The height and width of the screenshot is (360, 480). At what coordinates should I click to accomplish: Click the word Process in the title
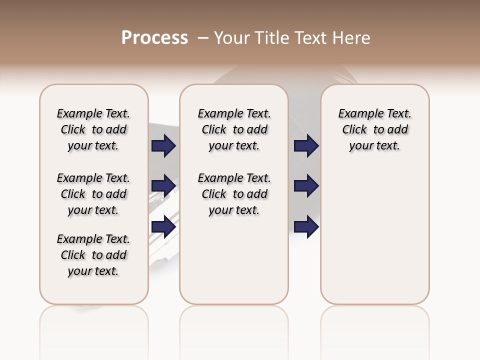click(x=154, y=38)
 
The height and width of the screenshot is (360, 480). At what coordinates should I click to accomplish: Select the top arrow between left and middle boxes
click(x=163, y=146)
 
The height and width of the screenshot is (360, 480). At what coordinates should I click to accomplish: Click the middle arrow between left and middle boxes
click(x=163, y=186)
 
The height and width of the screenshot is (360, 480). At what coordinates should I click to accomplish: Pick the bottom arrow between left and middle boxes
click(x=163, y=226)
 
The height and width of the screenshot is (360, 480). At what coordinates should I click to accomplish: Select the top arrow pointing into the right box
click(x=306, y=146)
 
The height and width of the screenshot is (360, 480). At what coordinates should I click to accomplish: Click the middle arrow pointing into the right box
click(x=306, y=186)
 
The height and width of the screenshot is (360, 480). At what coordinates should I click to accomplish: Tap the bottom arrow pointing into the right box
click(x=306, y=226)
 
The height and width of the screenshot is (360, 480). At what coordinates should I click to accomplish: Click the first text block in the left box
click(x=93, y=129)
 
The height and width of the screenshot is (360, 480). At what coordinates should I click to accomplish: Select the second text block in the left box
click(x=93, y=194)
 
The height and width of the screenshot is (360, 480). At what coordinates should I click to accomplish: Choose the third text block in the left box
click(x=93, y=255)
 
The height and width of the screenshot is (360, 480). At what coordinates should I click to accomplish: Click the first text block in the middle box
click(x=234, y=129)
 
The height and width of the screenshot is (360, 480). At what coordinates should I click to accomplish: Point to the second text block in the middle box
click(x=234, y=194)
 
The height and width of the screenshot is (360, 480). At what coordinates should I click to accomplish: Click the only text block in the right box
click(x=374, y=129)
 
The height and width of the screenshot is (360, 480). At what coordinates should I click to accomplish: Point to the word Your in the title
click(x=232, y=38)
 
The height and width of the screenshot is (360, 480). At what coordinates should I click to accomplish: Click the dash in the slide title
click(x=203, y=38)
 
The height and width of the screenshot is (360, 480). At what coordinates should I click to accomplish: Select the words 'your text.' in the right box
click(x=374, y=146)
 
